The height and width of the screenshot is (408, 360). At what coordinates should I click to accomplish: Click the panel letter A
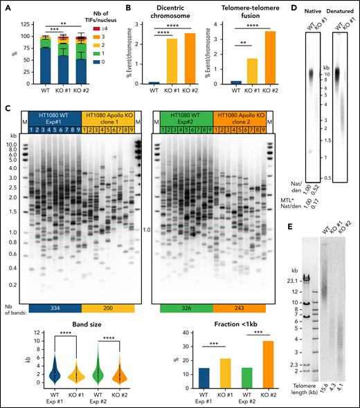[6, 6]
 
